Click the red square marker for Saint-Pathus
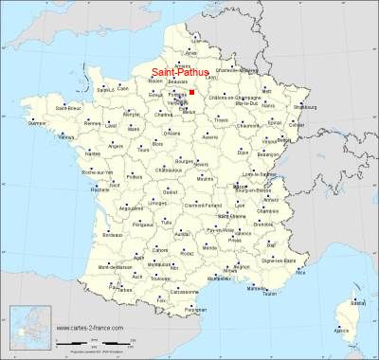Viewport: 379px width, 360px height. (x=191, y=93)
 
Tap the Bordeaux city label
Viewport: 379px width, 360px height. (x=111, y=232)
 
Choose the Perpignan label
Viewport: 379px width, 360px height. (x=195, y=310)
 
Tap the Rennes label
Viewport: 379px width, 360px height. (x=91, y=124)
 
